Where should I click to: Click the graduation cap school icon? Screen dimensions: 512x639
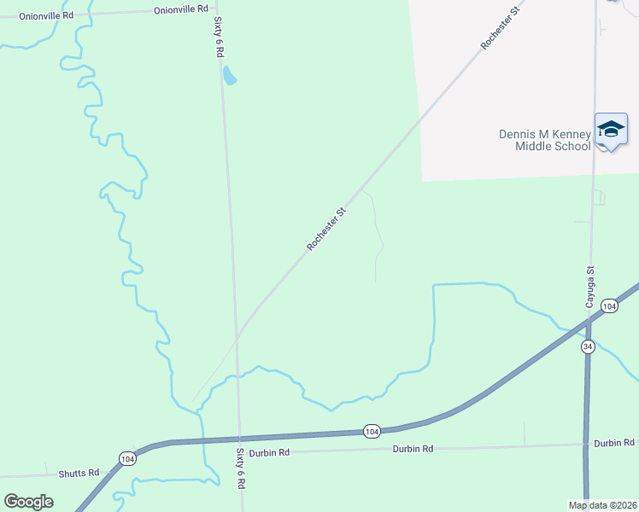pos(611,129)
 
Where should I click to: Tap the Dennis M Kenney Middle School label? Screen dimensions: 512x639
pos(545,140)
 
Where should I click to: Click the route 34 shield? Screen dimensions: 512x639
pos(588,346)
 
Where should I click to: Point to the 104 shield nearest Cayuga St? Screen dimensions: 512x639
pos(608,305)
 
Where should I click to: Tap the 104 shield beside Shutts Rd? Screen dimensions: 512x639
pos(127,458)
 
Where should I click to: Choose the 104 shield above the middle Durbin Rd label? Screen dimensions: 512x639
pos(371,432)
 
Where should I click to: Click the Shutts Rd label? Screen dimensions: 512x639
pos(79,472)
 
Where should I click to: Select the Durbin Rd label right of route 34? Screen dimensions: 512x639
pos(614,443)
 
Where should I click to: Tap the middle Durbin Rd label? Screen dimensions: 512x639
pos(413,448)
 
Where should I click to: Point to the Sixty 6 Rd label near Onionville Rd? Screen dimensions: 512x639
pos(219,36)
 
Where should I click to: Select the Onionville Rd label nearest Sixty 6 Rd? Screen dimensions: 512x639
pos(181,9)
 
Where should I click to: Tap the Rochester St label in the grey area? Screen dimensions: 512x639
pos(499,28)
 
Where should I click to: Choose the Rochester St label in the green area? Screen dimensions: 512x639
pos(326,229)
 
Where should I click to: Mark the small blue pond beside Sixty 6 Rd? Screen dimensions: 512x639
pos(229,77)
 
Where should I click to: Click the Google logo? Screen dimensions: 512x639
pos(28,502)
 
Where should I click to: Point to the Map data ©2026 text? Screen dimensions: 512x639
pos(602,504)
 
